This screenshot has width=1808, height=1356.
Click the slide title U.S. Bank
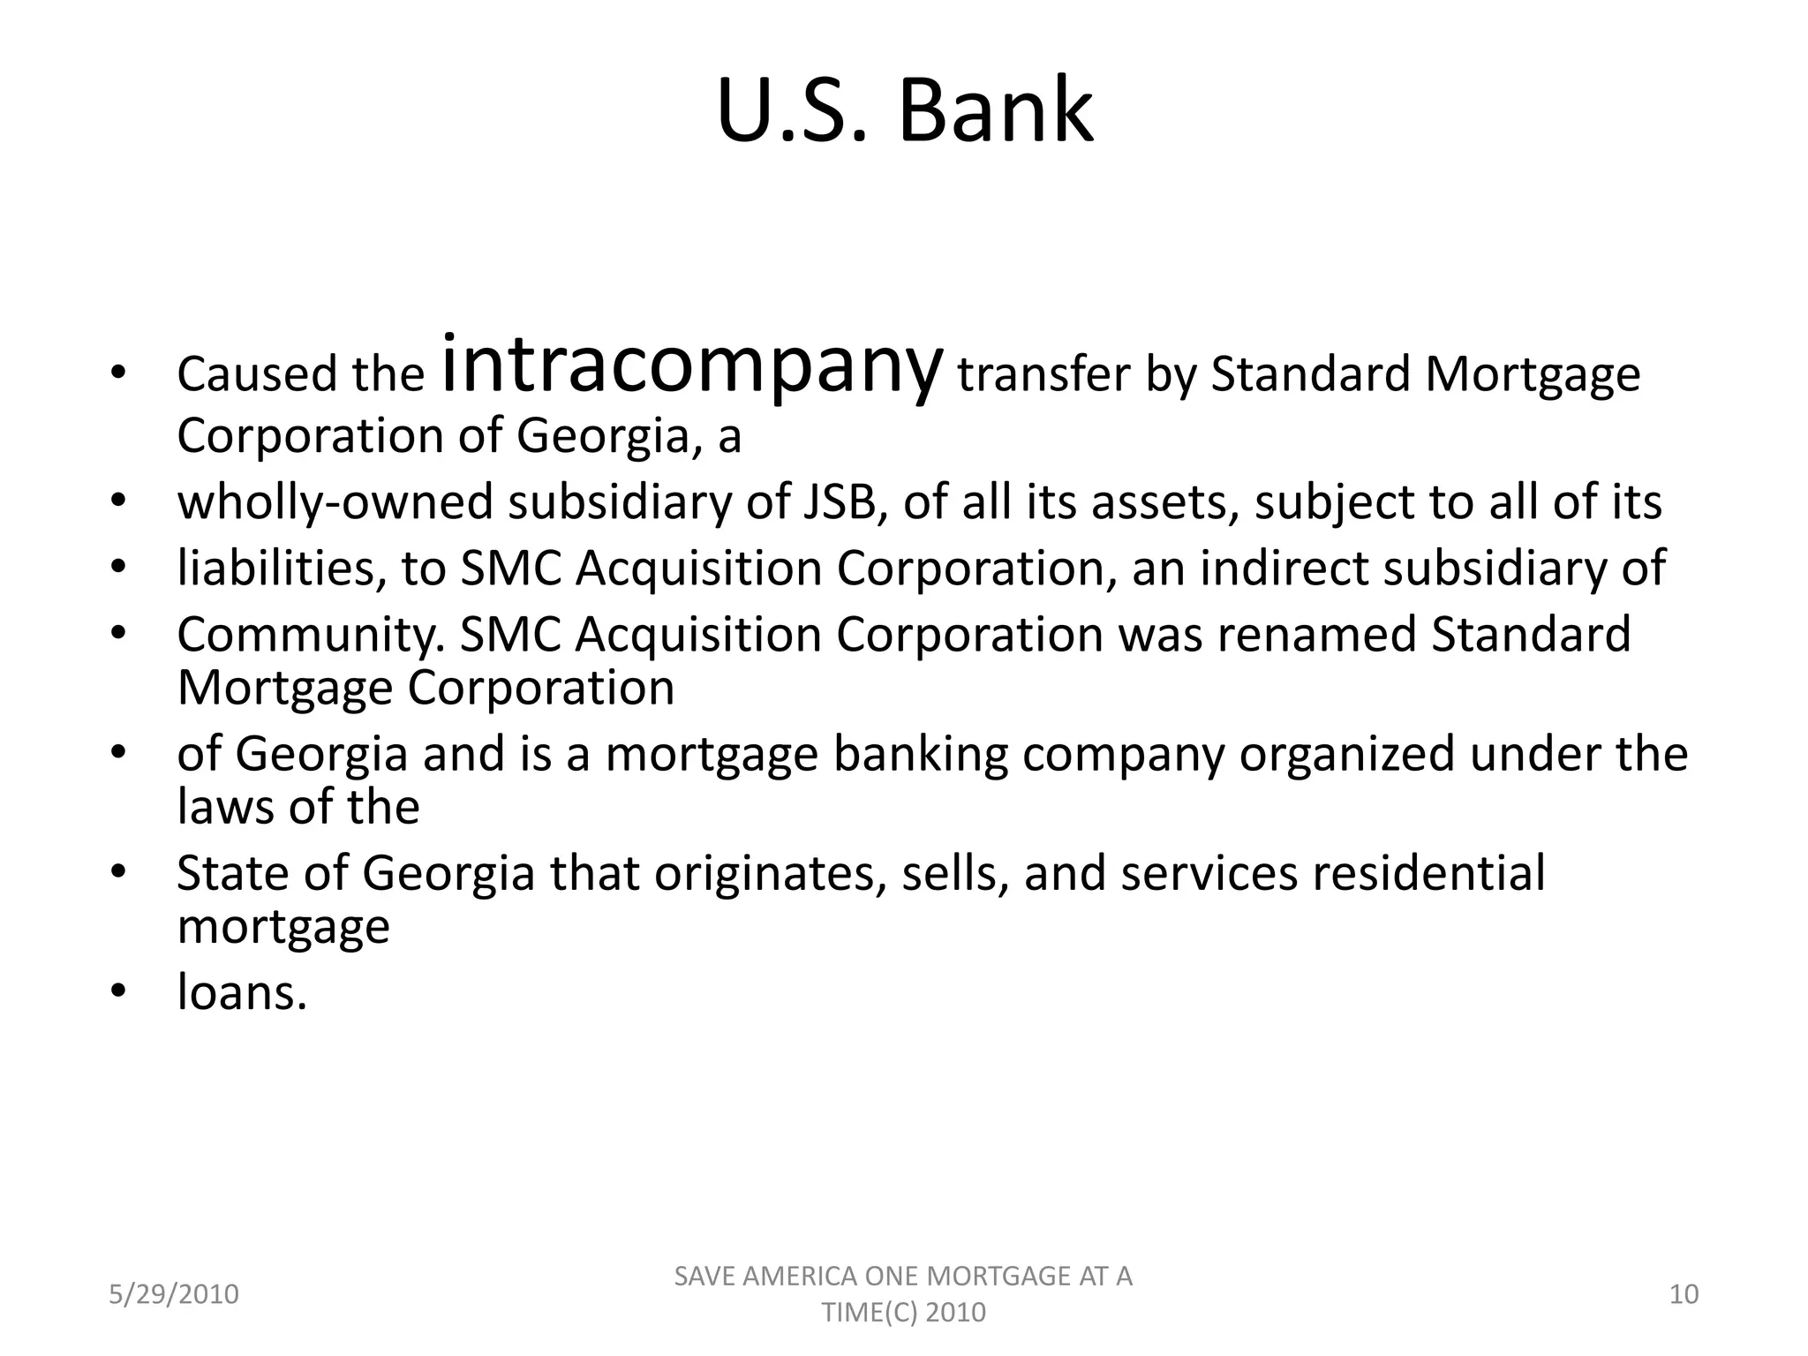904,112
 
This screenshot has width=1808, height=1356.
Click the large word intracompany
690,366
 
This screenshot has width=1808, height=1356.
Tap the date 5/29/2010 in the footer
174,1294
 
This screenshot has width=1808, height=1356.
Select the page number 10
1684,1294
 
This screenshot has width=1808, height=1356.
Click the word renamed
1316,634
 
